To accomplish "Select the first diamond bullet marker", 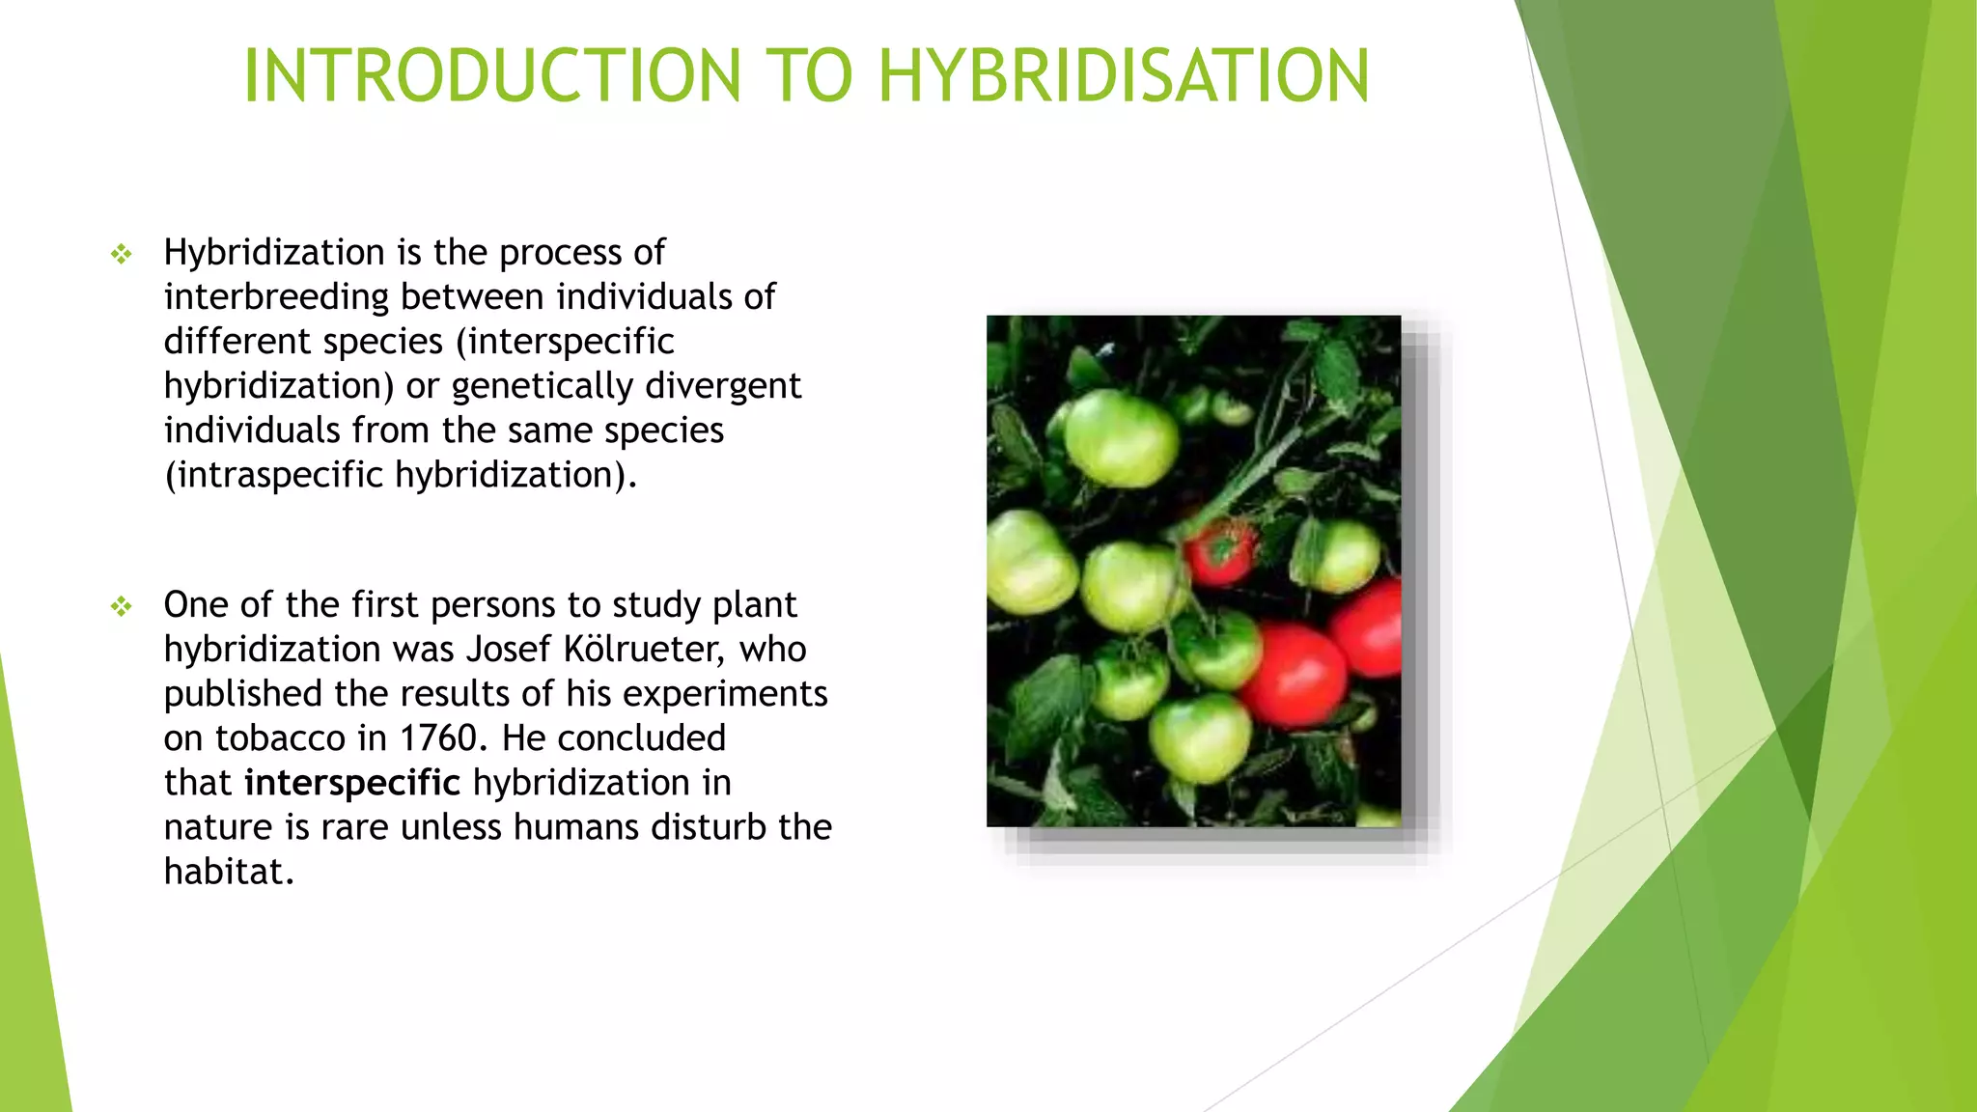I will pyautogui.click(x=121, y=255).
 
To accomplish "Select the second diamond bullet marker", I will pyautogui.click(x=121, y=607).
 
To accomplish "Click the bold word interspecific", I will pyautogui.click(x=352, y=783).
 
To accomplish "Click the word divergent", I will pyautogui.click(x=723, y=386).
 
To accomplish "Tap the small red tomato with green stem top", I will pyautogui.click(x=1220, y=552).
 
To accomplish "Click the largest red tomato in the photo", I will pyautogui.click(x=1295, y=674).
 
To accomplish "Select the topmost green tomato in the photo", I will pyautogui.click(x=1122, y=437).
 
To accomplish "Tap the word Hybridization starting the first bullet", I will pyautogui.click(x=274, y=253).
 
